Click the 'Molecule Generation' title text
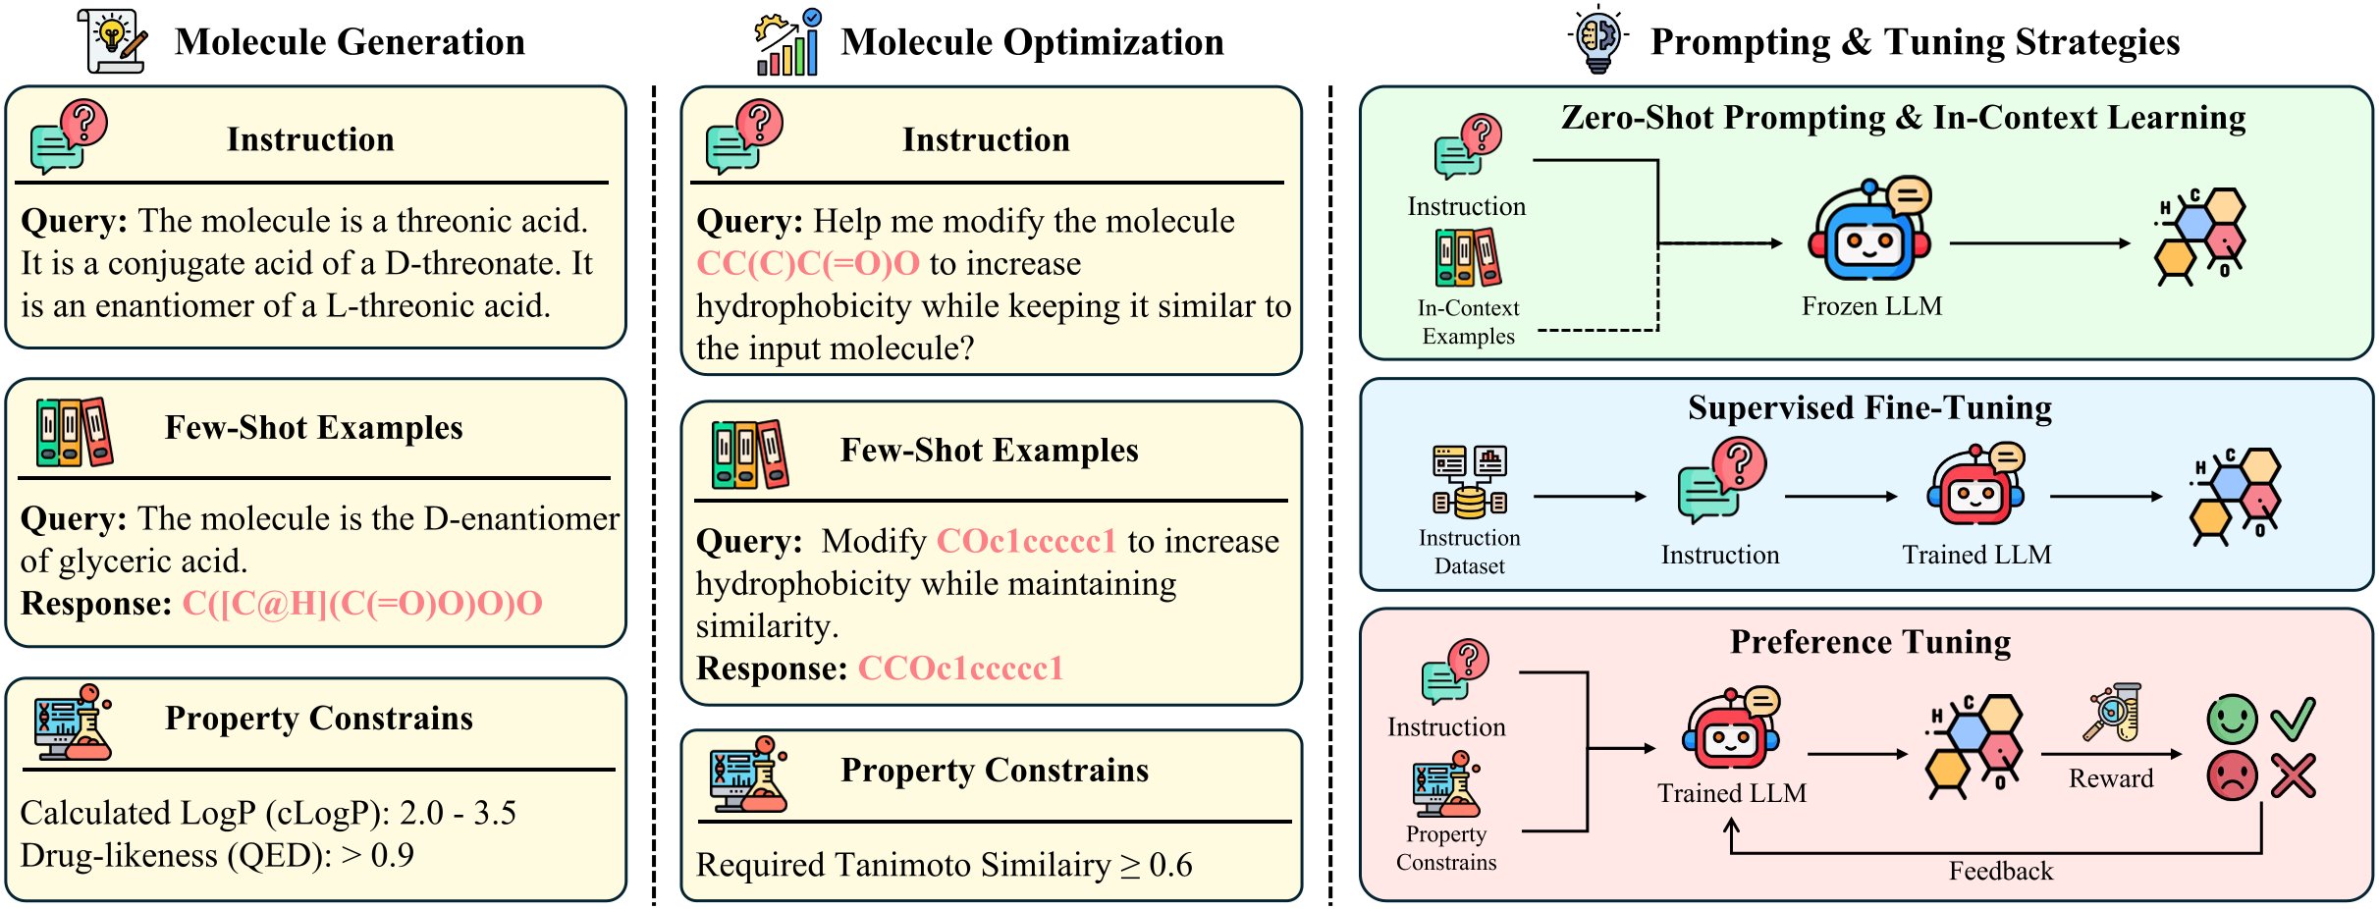click(350, 42)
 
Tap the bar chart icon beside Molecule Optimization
click(787, 43)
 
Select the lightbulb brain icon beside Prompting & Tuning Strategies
click(1597, 39)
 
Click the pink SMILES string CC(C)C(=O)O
click(808, 263)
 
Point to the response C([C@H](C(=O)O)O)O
click(362, 603)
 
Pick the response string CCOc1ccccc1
click(960, 668)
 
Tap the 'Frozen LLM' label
click(1871, 306)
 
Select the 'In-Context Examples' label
click(1468, 322)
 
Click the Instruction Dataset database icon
click(1469, 481)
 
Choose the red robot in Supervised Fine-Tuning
click(1975, 487)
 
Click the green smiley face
click(2232, 720)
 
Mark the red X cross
click(2293, 775)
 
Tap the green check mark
click(2294, 719)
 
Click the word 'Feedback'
click(2000, 871)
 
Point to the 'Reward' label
click(2111, 778)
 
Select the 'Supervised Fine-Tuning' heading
click(1869, 407)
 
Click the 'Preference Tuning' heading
click(1870, 642)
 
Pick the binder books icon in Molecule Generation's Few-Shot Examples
click(74, 432)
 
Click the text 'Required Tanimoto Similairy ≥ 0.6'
click(944, 865)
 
